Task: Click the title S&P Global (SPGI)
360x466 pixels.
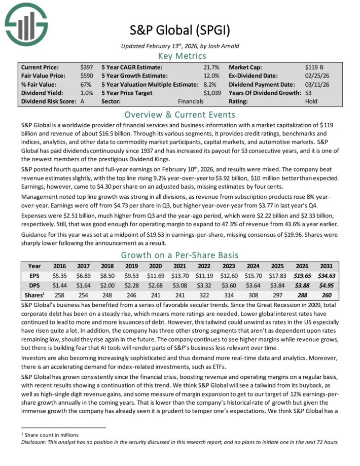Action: pos(179,30)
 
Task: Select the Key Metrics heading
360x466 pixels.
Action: pos(179,55)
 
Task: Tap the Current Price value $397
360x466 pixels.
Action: pos(87,67)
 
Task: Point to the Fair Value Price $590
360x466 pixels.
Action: pos(87,76)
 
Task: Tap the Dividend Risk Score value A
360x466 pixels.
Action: pos(83,101)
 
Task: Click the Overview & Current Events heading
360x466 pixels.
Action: pos(179,114)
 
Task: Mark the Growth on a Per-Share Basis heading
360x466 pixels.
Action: pos(179,255)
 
